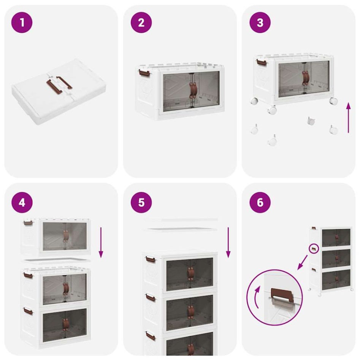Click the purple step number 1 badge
pyautogui.click(x=22, y=22)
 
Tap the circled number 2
pyautogui.click(x=141, y=22)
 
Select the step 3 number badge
pyautogui.click(x=260, y=22)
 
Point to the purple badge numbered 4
pyautogui.click(x=22, y=202)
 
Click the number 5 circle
pyautogui.click(x=141, y=202)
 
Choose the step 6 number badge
pyautogui.click(x=260, y=202)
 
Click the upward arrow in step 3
pyautogui.click(x=348, y=117)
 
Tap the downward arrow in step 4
pyautogui.click(x=101, y=242)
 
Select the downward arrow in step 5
pyautogui.click(x=228, y=242)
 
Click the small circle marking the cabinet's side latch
pyautogui.click(x=314, y=249)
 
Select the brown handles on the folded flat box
pyautogui.click(x=59, y=83)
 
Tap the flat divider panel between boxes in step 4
pyautogui.click(x=56, y=260)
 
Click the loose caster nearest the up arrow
pyautogui.click(x=333, y=130)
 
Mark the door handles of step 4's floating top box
pyautogui.click(x=66, y=236)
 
